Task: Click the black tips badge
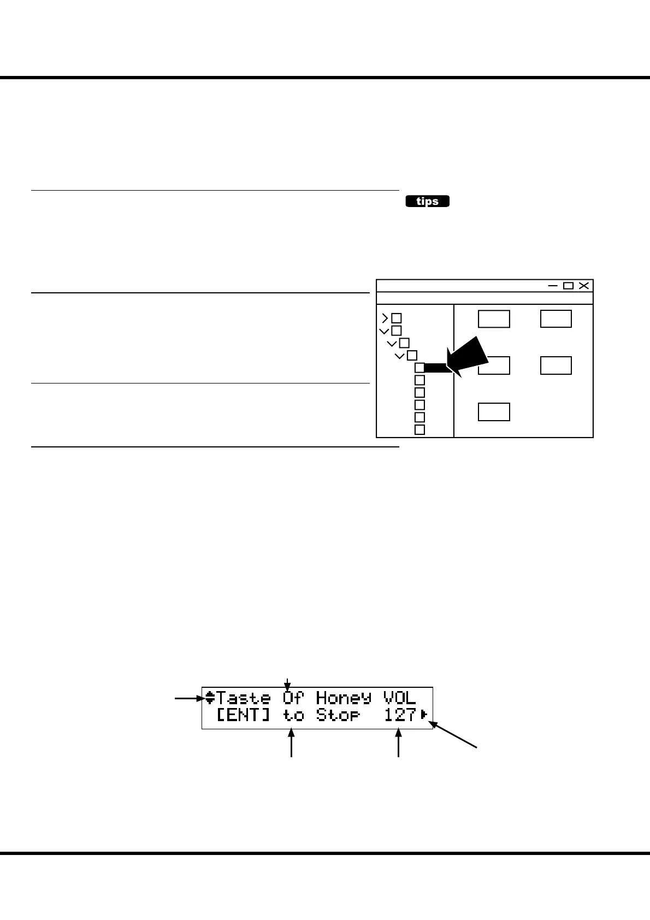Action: pyautogui.click(x=427, y=202)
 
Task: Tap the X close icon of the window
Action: pyautogui.click(x=584, y=286)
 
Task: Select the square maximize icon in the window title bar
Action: pyautogui.click(x=568, y=286)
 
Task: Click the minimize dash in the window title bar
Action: pyautogui.click(x=553, y=286)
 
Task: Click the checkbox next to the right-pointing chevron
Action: pyautogui.click(x=397, y=318)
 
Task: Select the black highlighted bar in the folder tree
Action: pyautogui.click(x=437, y=368)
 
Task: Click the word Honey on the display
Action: pyautogui.click(x=343, y=698)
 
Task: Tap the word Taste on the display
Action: pyautogui.click(x=244, y=698)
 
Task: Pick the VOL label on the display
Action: pyautogui.click(x=400, y=698)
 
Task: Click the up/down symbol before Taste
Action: pyautogui.click(x=210, y=698)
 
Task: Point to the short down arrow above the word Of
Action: pyautogui.click(x=287, y=683)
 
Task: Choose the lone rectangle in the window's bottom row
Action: pyautogui.click(x=494, y=412)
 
